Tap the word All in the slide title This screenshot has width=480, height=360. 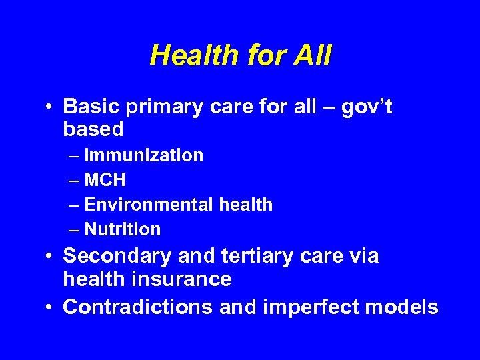coord(311,55)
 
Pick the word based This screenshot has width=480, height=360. coord(93,129)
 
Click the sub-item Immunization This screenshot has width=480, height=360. coord(144,155)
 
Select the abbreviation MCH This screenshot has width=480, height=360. coord(105,180)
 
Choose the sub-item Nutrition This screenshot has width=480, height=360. coord(123,229)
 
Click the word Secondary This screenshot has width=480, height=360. coord(116,256)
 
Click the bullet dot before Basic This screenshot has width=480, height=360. coord(51,107)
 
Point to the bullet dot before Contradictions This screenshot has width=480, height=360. coord(51,307)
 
